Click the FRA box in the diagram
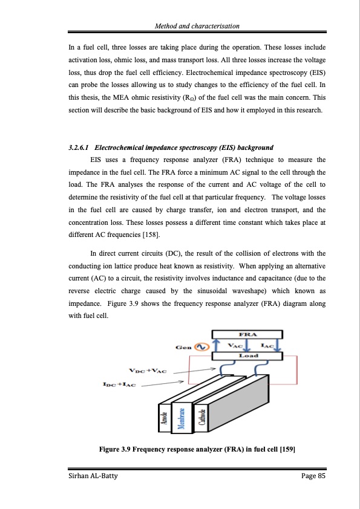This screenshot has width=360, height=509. (x=247, y=334)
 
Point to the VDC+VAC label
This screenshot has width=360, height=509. (x=148, y=371)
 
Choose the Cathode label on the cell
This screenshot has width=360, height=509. (x=201, y=417)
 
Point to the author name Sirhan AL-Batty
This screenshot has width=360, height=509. (x=90, y=476)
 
